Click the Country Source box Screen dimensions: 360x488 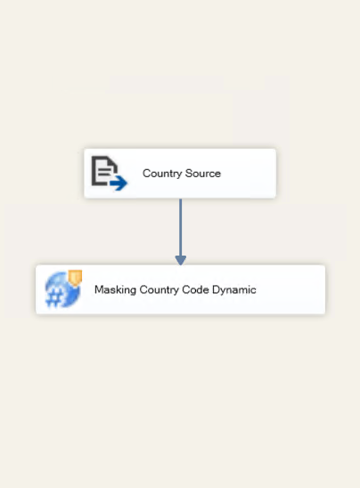pyautogui.click(x=180, y=174)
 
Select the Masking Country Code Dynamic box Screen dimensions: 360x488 pyautogui.click(x=180, y=289)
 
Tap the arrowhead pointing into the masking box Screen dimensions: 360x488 pyautogui.click(x=181, y=260)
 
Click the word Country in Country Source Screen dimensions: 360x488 pyautogui.click(x=162, y=174)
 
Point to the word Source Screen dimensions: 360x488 pyautogui.click(x=203, y=173)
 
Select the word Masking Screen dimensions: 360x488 pyautogui.click(x=115, y=290)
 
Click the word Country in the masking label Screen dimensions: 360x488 pyautogui.click(x=159, y=290)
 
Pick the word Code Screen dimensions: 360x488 pyautogui.click(x=195, y=289)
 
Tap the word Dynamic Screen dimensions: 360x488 pyautogui.click(x=233, y=290)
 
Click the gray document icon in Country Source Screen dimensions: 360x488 pyautogui.click(x=104, y=171)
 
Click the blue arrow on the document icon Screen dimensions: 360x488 pyautogui.click(x=119, y=183)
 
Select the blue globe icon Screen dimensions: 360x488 pyautogui.click(x=62, y=289)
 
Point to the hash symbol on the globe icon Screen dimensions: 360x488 pyautogui.click(x=54, y=299)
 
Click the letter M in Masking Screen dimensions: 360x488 pyautogui.click(x=98, y=289)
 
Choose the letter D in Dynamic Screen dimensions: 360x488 pyautogui.click(x=217, y=289)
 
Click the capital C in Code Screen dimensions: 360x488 pyautogui.click(x=186, y=289)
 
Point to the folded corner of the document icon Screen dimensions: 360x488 pyautogui.click(x=113, y=160)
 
